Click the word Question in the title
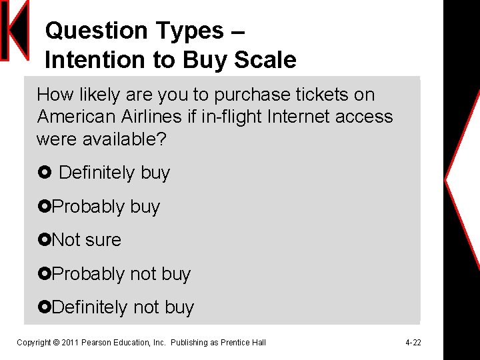(87, 31)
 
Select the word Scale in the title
(265, 61)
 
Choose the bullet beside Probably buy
(44, 207)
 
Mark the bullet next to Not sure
(44, 240)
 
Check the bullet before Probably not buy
(44, 274)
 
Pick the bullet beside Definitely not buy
(44, 307)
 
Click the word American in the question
(74, 117)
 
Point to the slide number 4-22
(413, 343)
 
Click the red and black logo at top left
(15, 31)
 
